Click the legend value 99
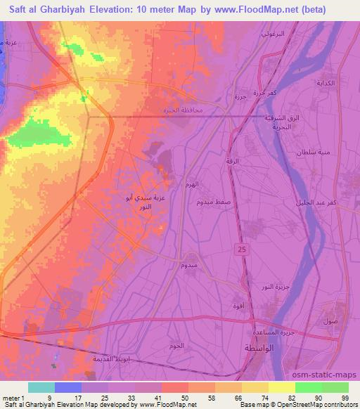click(345, 397)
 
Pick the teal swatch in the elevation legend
click(41, 387)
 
